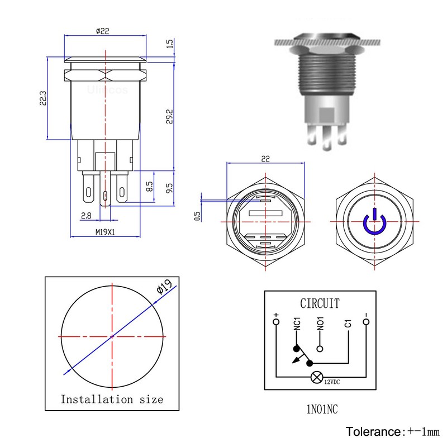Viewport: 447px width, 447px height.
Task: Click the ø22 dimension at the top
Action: click(x=103, y=31)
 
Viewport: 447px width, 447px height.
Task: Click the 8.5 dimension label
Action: click(x=149, y=187)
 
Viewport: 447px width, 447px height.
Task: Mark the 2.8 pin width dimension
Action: click(x=86, y=215)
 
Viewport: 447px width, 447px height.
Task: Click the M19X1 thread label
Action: click(x=104, y=232)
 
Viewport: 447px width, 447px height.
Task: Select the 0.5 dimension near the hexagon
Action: click(x=197, y=215)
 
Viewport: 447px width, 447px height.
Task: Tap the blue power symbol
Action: click(x=373, y=222)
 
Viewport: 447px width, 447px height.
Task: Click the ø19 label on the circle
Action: click(x=163, y=288)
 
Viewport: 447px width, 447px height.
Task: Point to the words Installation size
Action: click(x=112, y=399)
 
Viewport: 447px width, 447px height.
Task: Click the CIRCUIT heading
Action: click(x=320, y=304)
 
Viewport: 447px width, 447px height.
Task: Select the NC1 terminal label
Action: click(x=297, y=324)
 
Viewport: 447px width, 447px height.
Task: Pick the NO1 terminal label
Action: click(x=320, y=324)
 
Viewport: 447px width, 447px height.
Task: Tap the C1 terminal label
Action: click(x=348, y=324)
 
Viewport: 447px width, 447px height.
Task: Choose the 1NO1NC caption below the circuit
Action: click(x=321, y=410)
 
